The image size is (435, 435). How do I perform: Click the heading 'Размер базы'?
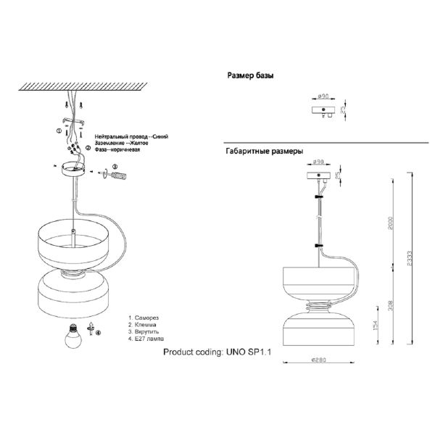(x=250, y=75)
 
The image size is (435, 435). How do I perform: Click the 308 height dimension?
(x=391, y=305)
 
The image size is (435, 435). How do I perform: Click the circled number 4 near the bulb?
(x=98, y=333)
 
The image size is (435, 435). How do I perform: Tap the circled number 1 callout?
(x=58, y=130)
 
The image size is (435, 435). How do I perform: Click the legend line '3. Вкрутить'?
(x=147, y=332)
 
